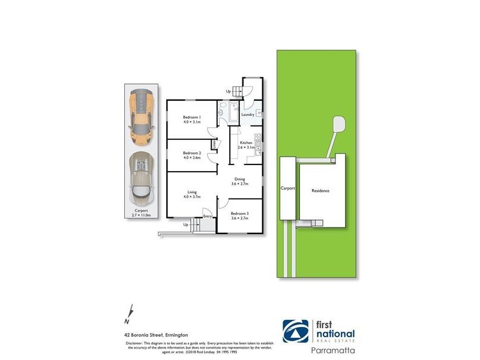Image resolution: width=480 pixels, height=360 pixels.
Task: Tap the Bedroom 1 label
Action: pyautogui.click(x=192, y=118)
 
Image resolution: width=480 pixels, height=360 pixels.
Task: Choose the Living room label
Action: pyautogui.click(x=192, y=193)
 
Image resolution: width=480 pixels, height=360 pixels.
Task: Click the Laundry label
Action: pyautogui.click(x=248, y=114)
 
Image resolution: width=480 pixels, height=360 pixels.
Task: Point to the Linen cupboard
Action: pyautogui.click(x=214, y=145)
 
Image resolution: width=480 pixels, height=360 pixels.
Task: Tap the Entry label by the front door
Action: pyautogui.click(x=208, y=216)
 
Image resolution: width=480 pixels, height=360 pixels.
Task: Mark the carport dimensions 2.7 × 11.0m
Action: pyautogui.click(x=142, y=213)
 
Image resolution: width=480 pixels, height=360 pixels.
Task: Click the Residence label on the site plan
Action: pyautogui.click(x=320, y=191)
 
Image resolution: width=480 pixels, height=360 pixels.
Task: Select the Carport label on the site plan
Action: pyautogui.click(x=288, y=188)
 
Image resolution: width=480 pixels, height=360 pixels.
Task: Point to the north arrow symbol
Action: pyautogui.click(x=127, y=311)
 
